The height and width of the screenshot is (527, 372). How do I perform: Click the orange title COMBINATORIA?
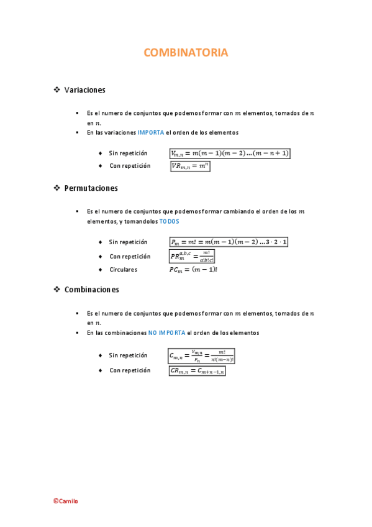pyautogui.click(x=186, y=53)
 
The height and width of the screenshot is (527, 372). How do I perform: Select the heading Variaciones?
pyautogui.click(x=84, y=90)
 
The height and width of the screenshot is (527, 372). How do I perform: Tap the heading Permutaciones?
pyautogui.click(x=91, y=188)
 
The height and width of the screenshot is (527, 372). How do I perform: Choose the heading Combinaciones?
pyautogui.click(x=91, y=290)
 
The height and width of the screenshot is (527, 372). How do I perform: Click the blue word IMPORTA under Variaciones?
pyautogui.click(x=151, y=132)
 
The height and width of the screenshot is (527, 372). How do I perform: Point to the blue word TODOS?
pyautogui.click(x=168, y=221)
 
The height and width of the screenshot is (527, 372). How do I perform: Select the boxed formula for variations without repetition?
pyautogui.click(x=230, y=153)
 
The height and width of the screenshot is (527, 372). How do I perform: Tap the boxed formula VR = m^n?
pyautogui.click(x=191, y=166)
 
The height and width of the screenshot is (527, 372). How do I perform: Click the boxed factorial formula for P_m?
pyautogui.click(x=229, y=242)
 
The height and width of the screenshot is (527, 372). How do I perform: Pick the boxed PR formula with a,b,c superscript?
pyautogui.click(x=192, y=256)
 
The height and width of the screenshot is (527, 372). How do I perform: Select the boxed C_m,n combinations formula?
pyautogui.click(x=201, y=356)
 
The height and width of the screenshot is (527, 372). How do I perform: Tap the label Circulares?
pyautogui.click(x=123, y=270)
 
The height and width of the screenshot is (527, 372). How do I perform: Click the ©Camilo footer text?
pyautogui.click(x=65, y=501)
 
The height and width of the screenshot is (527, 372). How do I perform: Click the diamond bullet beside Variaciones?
pyautogui.click(x=57, y=90)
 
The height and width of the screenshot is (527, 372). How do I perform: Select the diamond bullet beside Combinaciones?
pyautogui.click(x=57, y=290)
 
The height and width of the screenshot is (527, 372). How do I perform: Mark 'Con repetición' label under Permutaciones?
pyautogui.click(x=130, y=256)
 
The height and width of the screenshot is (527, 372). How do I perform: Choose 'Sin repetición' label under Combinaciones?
pyautogui.click(x=128, y=355)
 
